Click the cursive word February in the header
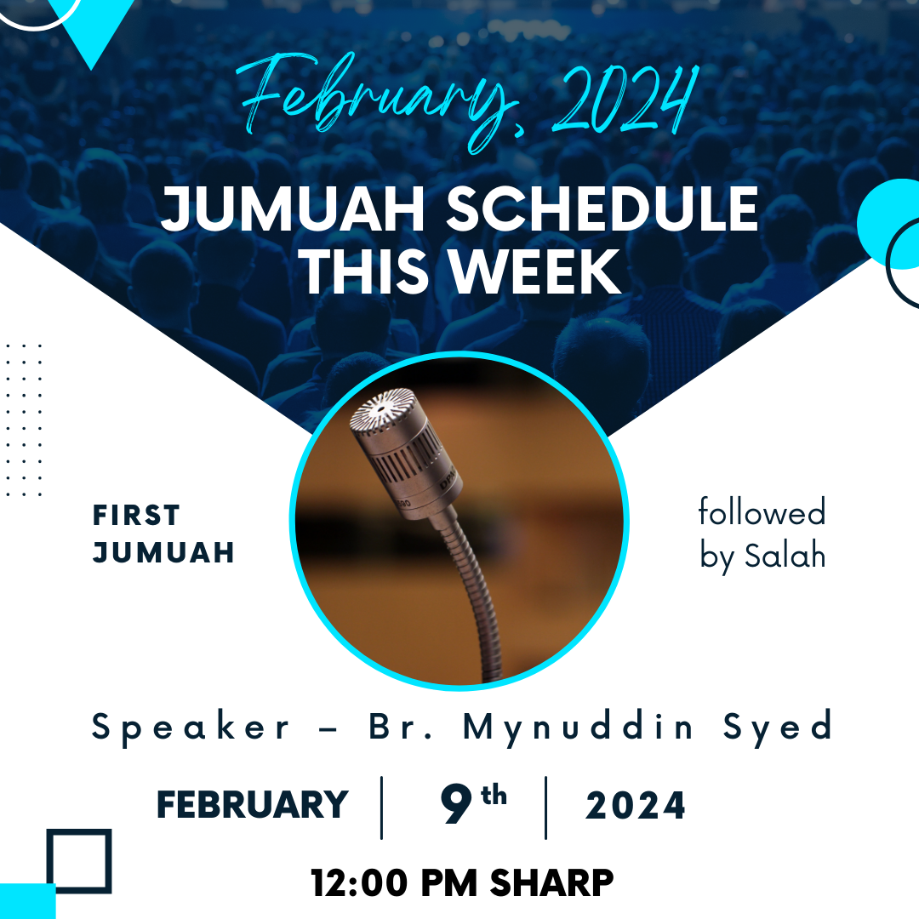[375, 100]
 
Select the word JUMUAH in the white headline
[293, 208]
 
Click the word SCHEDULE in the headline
[602, 208]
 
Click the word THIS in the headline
[366, 271]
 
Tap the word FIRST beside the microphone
[136, 515]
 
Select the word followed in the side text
[762, 511]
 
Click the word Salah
[785, 555]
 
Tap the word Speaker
[191, 728]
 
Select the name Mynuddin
[578, 728]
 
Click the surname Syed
[777, 728]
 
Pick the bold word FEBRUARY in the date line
[252, 804]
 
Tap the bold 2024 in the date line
[636, 805]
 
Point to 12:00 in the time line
[359, 882]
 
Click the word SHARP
[551, 882]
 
